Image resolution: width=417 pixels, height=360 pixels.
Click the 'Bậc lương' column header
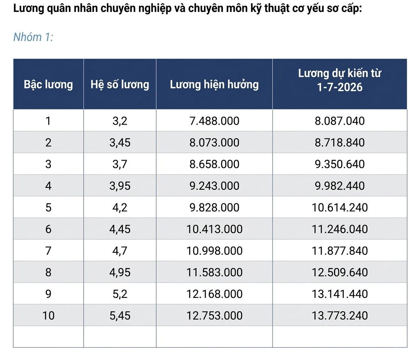point(48,84)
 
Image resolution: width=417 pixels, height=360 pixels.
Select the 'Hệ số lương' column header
point(120,84)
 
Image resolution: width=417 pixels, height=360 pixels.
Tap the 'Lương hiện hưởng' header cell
point(214,84)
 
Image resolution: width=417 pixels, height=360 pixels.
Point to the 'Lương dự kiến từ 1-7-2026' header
point(340,80)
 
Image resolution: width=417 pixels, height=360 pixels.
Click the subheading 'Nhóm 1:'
point(33,37)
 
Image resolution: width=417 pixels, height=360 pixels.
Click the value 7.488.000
point(214,121)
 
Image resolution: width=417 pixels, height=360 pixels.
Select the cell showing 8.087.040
point(340,121)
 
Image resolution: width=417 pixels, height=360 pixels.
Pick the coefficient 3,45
point(120,143)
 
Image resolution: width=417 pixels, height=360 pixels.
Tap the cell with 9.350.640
point(340,164)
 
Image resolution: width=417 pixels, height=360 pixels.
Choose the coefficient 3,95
point(120,186)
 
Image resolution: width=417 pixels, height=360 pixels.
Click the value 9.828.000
point(214,207)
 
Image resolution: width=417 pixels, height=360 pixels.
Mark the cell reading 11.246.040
point(340,229)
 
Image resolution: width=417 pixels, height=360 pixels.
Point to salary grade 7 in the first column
point(48,251)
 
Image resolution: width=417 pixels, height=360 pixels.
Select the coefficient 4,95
point(120,272)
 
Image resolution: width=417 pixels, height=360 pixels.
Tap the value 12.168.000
point(214,294)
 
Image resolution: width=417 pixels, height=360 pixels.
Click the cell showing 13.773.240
point(340,316)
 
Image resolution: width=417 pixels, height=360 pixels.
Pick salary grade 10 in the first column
point(48,316)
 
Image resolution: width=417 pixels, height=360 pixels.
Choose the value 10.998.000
point(214,251)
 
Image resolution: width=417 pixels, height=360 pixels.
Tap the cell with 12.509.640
point(340,272)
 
